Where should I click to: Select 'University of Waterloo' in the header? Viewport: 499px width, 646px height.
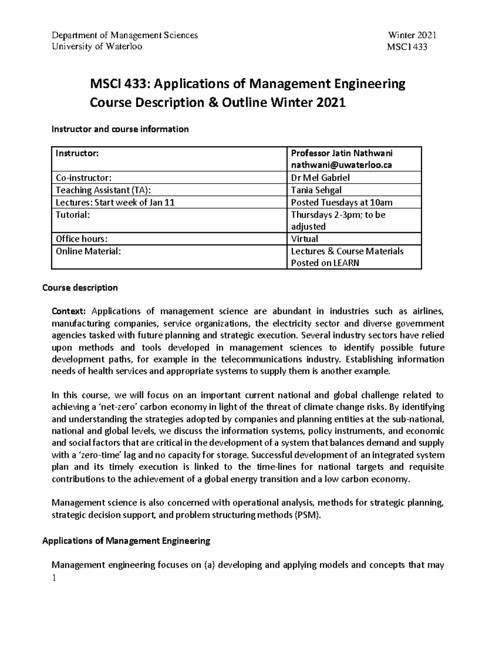(x=96, y=47)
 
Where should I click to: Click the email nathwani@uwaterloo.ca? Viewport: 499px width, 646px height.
(x=341, y=165)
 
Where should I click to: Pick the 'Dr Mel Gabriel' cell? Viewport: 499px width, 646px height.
(x=320, y=178)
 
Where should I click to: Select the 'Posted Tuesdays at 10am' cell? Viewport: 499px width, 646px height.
(x=341, y=203)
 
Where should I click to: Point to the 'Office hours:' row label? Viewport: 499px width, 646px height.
(x=82, y=239)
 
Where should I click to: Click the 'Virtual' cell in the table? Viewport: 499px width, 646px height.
(x=304, y=239)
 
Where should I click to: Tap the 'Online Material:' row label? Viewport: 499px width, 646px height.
(x=88, y=251)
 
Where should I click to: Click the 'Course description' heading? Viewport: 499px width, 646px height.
(x=80, y=288)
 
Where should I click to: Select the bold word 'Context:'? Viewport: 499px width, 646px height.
(x=69, y=312)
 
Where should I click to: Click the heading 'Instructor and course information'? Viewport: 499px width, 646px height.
(x=120, y=129)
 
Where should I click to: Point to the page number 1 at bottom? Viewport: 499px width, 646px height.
(x=53, y=578)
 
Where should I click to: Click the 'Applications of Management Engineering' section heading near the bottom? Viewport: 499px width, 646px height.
(x=126, y=541)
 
